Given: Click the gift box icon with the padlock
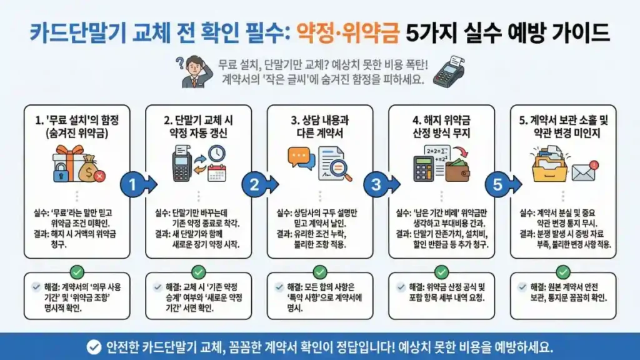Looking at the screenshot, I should click(x=67, y=163).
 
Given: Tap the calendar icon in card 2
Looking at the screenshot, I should click(x=217, y=172).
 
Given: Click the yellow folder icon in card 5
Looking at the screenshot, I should click(x=549, y=166).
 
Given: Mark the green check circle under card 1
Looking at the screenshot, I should click(x=77, y=272).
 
